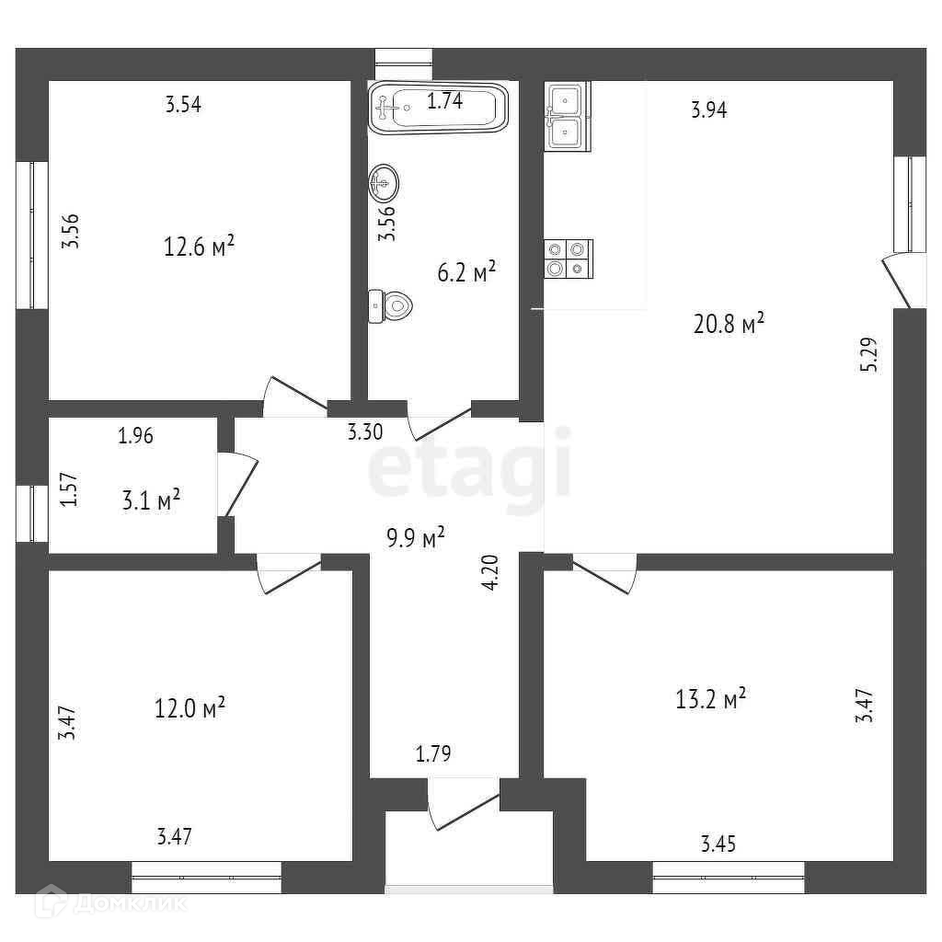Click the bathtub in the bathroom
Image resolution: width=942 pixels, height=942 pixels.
(x=439, y=108)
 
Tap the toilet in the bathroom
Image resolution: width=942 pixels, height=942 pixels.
(x=390, y=305)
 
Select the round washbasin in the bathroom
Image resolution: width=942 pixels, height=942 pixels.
(x=384, y=183)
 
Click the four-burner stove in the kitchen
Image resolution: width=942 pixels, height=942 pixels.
(x=567, y=258)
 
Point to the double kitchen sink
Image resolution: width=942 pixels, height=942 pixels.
(x=566, y=116)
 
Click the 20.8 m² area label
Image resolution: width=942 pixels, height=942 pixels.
(x=729, y=324)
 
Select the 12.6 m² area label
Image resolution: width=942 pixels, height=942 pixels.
(x=199, y=246)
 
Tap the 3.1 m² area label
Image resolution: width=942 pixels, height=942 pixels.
(x=150, y=500)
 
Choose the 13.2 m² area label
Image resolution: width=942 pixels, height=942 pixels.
(x=710, y=699)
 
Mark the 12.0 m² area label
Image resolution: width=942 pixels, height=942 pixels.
(x=190, y=708)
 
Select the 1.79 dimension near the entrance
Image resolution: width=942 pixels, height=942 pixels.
(x=433, y=755)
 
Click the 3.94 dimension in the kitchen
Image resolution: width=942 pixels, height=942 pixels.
(x=709, y=111)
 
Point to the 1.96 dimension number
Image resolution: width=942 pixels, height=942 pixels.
(x=135, y=436)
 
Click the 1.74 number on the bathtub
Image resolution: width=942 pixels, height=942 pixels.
(x=445, y=102)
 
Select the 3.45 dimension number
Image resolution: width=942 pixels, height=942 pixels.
(x=719, y=843)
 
